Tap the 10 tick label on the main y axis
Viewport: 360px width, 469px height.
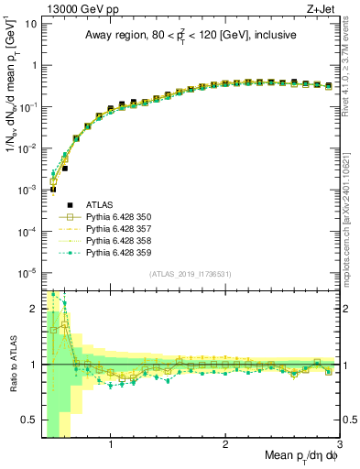point(33,24)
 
